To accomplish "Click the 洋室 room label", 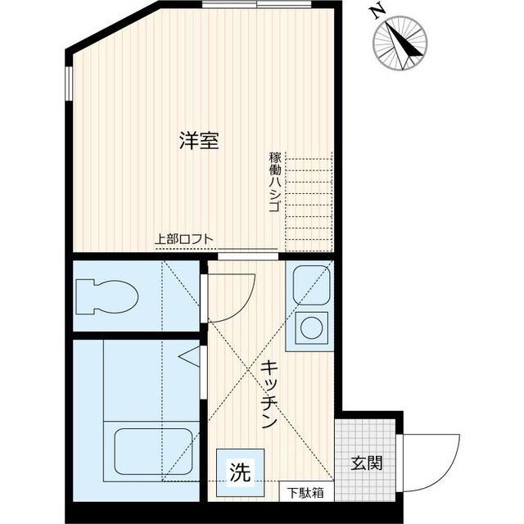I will [199, 140].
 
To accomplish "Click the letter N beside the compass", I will [377, 12].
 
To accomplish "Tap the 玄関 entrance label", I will [368, 463].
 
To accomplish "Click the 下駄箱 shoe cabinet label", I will [305, 493].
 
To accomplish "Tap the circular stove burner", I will [312, 328].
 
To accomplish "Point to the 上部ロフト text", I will [185, 240].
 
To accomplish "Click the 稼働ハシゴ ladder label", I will [273, 182].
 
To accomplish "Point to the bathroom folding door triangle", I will [190, 358].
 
